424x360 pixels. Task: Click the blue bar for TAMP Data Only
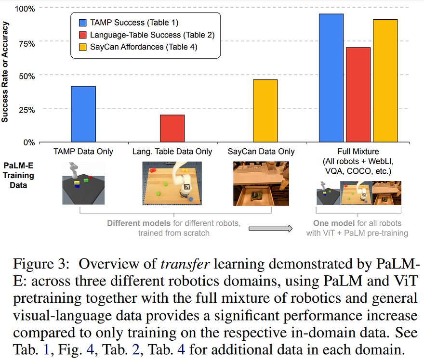pos(83,114)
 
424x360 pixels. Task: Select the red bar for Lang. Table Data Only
pos(172,129)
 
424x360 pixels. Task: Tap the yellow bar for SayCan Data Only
pos(265,111)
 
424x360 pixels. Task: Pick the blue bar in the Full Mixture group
pos(331,78)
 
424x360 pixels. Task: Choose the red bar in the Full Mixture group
pos(358,95)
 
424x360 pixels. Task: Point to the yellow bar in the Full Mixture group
pos(385,81)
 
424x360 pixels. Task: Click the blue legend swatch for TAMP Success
pos(83,23)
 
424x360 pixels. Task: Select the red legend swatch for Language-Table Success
pos(83,35)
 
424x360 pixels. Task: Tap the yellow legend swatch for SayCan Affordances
pos(83,47)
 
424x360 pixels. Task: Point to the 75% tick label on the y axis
pos(27,44)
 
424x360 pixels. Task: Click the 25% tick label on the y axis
pos(27,110)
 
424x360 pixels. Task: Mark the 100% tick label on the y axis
pos(25,9)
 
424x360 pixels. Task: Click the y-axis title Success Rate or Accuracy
pos(5,72)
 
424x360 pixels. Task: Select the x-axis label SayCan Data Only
pos(261,152)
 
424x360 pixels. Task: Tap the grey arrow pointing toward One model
pos(270,229)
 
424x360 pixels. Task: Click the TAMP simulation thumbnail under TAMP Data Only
pos(83,183)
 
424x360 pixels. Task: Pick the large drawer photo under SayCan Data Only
pos(261,184)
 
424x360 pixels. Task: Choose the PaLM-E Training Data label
pos(18,175)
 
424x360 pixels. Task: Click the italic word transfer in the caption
pos(185,264)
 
